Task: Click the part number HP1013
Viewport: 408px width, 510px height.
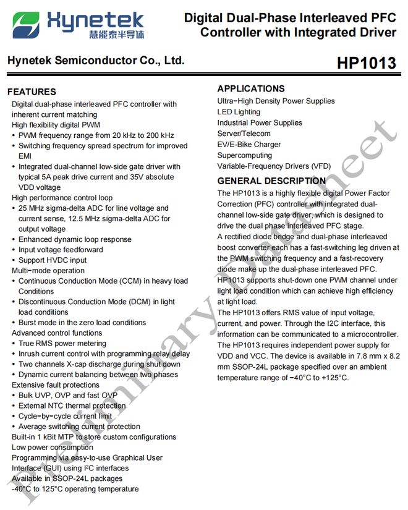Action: (366, 64)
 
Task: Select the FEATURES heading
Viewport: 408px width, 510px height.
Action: (32, 91)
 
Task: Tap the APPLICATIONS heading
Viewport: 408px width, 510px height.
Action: (251, 88)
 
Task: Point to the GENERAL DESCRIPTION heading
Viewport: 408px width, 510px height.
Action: (271, 181)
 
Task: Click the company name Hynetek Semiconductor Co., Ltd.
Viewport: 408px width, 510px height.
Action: (96, 61)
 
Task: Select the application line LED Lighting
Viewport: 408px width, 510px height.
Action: (239, 112)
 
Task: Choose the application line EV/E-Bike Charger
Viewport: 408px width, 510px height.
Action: (249, 145)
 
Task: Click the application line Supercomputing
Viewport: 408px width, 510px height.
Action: (244, 155)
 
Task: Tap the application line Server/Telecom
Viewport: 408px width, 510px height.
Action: (244, 134)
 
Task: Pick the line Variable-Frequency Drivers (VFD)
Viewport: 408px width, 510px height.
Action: (274, 166)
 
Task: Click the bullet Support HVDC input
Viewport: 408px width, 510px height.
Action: (53, 260)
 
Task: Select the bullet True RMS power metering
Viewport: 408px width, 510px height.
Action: (62, 344)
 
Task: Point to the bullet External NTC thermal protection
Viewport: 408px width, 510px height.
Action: (72, 406)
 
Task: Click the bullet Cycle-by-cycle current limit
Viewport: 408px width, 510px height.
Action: (66, 416)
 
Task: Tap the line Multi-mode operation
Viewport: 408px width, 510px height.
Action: (48, 271)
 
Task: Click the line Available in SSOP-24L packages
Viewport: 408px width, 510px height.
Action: (67, 478)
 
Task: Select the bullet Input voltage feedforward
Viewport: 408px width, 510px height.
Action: (61, 250)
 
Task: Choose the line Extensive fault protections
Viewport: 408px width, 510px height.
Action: (56, 385)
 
